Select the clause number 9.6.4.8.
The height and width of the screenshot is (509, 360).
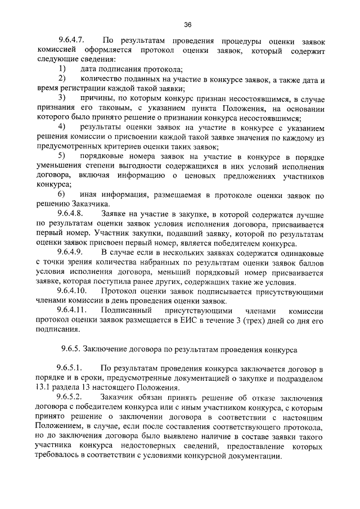(x=71, y=214)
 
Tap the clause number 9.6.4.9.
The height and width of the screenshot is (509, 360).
(x=71, y=253)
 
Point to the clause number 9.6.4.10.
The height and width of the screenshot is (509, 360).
(x=73, y=291)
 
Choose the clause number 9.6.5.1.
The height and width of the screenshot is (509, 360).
(x=71, y=368)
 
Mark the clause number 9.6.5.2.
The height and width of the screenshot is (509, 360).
(x=71, y=397)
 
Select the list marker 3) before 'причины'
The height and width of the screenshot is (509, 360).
(x=62, y=99)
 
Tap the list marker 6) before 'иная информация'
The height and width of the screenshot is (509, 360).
(x=62, y=195)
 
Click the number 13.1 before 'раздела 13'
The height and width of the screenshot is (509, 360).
(x=44, y=388)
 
